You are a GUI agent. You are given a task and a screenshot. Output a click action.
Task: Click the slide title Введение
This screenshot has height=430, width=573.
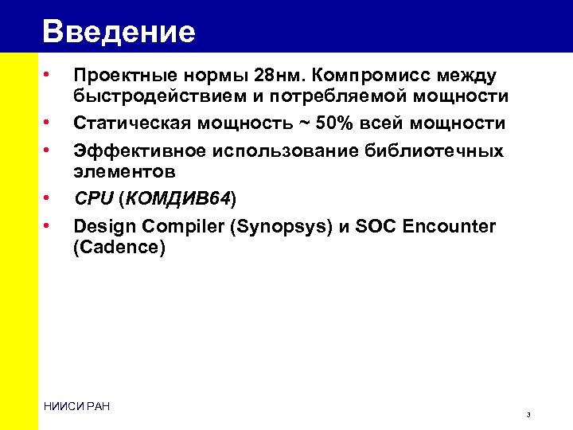point(119,32)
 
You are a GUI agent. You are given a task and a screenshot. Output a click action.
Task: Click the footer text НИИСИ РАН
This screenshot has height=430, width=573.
point(77,407)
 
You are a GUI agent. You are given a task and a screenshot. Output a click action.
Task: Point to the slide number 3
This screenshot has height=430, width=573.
point(528,416)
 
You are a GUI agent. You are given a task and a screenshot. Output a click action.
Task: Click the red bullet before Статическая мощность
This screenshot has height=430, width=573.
point(49,123)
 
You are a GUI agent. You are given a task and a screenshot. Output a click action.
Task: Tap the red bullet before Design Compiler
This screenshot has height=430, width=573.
point(49,225)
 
